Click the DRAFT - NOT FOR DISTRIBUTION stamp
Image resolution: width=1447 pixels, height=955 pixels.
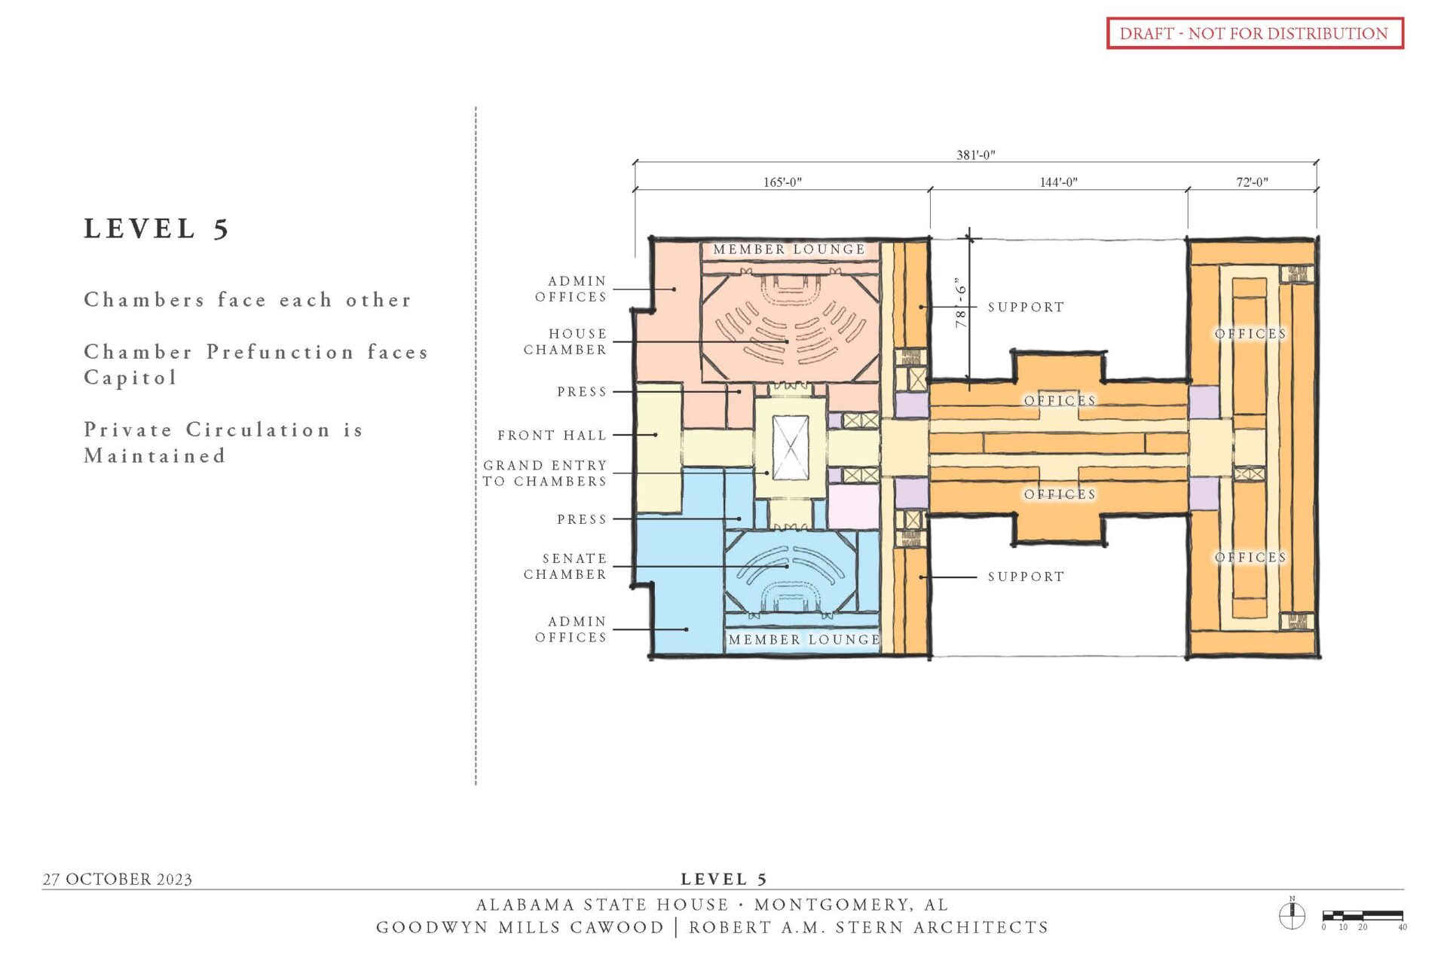pyautogui.click(x=1254, y=33)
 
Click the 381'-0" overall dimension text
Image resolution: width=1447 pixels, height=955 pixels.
pyautogui.click(x=975, y=155)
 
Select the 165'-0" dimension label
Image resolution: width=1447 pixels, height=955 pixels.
pyautogui.click(x=782, y=182)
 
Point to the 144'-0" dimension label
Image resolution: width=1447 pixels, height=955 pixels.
pyautogui.click(x=1058, y=182)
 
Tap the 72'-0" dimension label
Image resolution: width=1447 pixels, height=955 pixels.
pyautogui.click(x=1252, y=182)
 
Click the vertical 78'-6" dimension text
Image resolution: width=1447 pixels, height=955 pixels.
pyautogui.click(x=961, y=304)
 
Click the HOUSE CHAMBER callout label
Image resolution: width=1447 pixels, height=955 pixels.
pyautogui.click(x=565, y=341)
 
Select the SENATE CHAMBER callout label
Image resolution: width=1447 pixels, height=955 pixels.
pyautogui.click(x=565, y=566)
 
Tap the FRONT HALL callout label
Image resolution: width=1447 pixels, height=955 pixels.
pyautogui.click(x=552, y=435)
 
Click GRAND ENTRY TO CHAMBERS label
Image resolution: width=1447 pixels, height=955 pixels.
pyautogui.click(x=545, y=473)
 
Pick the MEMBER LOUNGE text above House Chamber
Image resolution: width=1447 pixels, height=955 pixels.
pyautogui.click(x=789, y=249)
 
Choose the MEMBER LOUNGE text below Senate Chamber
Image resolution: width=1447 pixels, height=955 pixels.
pyautogui.click(x=804, y=639)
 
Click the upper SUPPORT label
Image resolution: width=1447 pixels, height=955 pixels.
pyautogui.click(x=1026, y=307)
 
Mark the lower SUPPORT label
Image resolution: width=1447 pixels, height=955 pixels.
pyautogui.click(x=1026, y=577)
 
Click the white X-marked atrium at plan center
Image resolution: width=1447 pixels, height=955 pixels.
pyautogui.click(x=791, y=447)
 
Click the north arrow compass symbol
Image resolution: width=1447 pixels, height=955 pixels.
pyautogui.click(x=1292, y=915)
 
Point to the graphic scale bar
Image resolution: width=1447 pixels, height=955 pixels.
pyautogui.click(x=1363, y=916)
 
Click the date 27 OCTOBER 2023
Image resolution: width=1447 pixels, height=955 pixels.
pyautogui.click(x=118, y=879)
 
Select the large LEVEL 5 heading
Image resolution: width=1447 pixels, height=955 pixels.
pyautogui.click(x=156, y=228)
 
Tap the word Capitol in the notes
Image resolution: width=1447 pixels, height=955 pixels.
pyautogui.click(x=130, y=378)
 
